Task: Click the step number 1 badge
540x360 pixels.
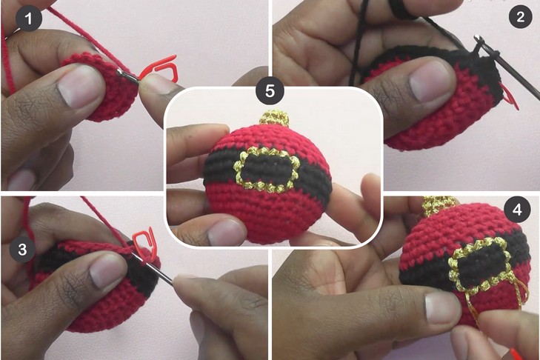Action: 29,18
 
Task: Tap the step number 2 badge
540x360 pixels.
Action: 520,16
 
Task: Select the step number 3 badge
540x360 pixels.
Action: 22,249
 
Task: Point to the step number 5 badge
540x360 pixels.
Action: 270,91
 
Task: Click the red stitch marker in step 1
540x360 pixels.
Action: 159,69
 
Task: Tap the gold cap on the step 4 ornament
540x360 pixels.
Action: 436,204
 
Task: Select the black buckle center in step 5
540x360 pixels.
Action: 265,170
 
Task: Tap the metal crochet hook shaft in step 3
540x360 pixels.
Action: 153,269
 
